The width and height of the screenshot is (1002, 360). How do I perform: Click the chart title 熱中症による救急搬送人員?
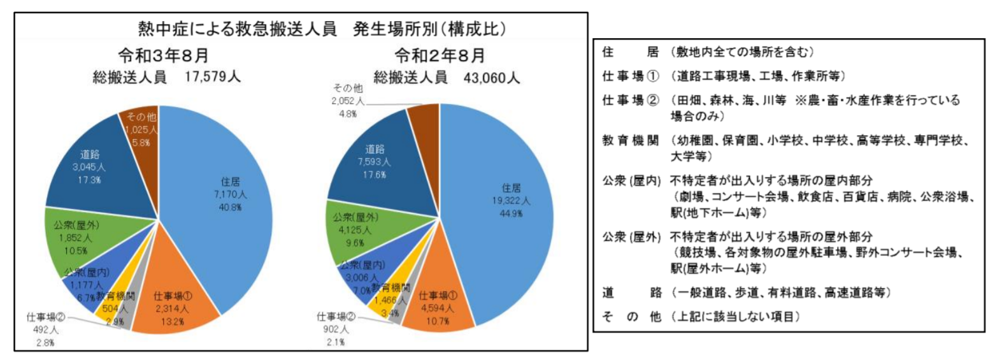coord(237,29)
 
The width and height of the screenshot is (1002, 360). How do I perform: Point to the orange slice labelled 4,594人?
coord(437,308)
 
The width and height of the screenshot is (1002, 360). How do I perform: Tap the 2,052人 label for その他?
coord(347,101)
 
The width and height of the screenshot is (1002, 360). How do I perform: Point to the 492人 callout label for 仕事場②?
coord(45,329)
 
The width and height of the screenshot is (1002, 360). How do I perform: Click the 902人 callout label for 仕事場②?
coord(335,329)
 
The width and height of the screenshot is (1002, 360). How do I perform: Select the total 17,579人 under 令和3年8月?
coord(212,77)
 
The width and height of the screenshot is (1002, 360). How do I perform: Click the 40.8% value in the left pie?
coord(230,207)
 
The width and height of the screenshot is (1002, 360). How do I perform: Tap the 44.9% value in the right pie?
coord(510,213)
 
